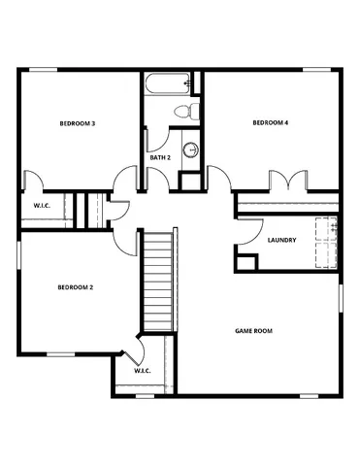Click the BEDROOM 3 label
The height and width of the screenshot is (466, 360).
77,123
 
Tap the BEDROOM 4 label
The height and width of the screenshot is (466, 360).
271,122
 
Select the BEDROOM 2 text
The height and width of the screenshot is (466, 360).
75,287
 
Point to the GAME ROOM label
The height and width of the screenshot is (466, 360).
253,331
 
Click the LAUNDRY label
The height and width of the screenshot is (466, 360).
281,240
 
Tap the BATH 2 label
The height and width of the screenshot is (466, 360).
160,156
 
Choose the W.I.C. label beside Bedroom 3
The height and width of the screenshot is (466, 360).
42,205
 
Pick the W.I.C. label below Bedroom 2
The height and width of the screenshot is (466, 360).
141,370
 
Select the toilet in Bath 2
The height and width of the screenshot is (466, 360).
191,109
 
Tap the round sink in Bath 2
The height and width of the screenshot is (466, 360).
191,150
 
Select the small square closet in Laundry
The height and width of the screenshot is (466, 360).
246,262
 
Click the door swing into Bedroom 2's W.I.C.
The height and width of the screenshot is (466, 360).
131,347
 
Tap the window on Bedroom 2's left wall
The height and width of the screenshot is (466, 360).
18,259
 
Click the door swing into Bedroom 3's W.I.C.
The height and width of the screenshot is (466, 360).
35,181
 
